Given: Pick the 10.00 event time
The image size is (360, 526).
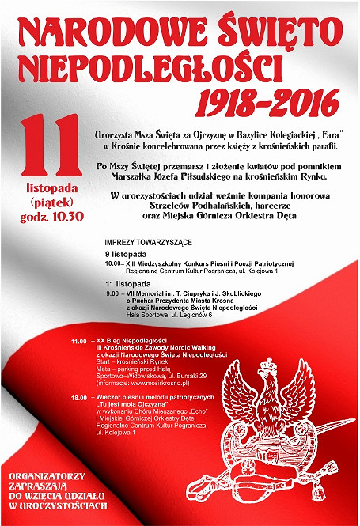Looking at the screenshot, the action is [x=112, y=263].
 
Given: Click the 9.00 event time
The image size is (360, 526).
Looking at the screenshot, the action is [x=112, y=293].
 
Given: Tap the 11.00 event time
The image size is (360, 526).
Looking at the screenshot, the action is [x=78, y=341].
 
